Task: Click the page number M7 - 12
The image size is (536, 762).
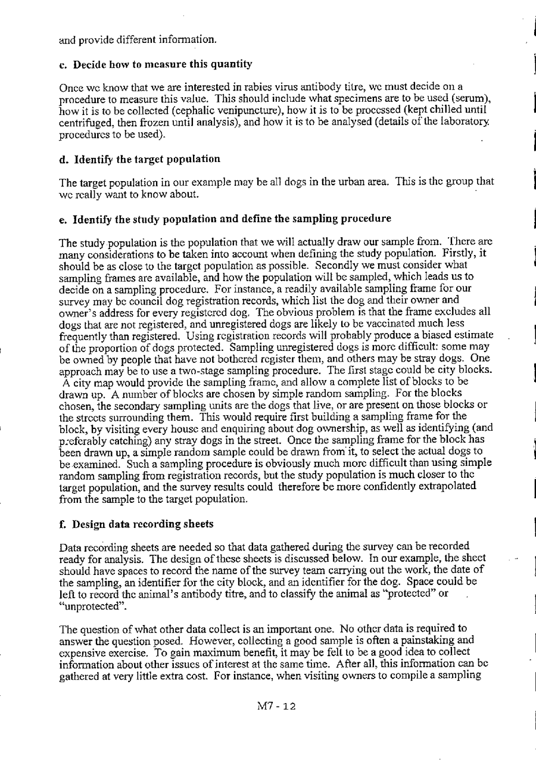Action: pos(277,707)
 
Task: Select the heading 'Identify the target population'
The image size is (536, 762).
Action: pos(146,159)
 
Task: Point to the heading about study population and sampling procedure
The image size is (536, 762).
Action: pos(232,219)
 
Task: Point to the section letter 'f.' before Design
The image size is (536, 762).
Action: pos(64,524)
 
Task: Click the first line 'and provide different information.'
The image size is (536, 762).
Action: pos(138,41)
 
